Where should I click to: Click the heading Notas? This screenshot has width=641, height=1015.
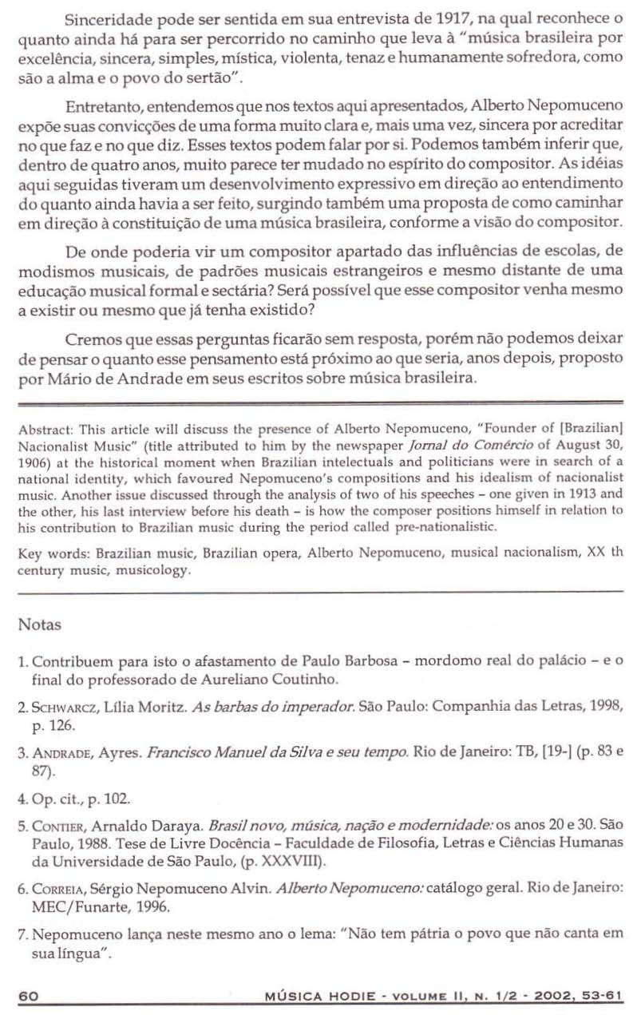39,625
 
